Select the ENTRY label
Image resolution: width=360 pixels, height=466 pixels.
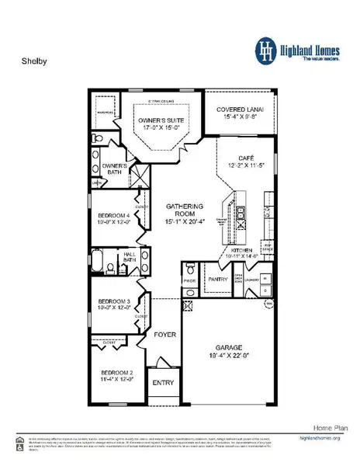click(x=163, y=382)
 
